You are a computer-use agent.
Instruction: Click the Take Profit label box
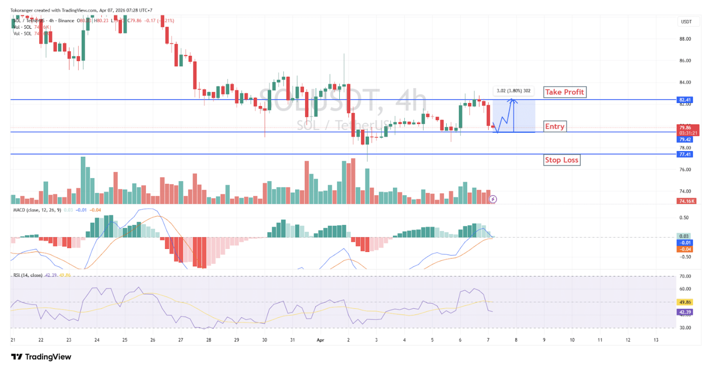564,92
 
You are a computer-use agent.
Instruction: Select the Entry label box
555,126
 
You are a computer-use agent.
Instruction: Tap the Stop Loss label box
561,160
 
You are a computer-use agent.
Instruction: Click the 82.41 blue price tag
685,100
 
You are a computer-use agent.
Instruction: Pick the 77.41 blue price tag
685,154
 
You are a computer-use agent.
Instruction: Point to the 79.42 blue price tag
685,140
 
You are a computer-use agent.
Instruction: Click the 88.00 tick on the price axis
685,39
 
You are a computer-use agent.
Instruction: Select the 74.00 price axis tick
685,191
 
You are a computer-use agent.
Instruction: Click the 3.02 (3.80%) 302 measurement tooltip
513,91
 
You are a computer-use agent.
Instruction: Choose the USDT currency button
686,22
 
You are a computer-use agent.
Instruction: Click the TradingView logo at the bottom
41,357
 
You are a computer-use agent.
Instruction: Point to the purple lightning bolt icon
493,199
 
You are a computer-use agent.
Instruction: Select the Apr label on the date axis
320,340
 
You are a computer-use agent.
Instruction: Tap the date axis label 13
656,340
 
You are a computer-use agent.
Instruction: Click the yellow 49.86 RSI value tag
685,302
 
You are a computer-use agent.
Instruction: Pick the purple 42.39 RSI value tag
685,312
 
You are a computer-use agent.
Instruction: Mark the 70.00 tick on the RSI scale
685,276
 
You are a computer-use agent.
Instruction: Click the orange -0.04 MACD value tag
685,249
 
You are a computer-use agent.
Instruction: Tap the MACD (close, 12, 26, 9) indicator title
37,210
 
